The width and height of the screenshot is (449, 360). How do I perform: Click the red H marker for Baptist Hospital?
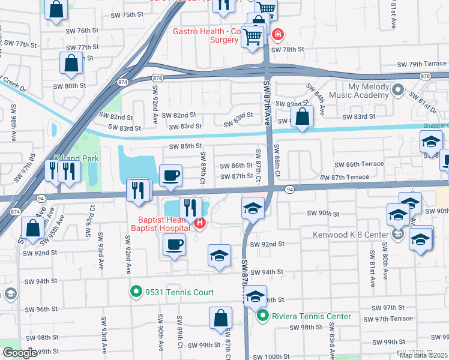[199, 224]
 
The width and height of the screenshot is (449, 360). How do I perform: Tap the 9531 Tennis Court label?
[179, 293]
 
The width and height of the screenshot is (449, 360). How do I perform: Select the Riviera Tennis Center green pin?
[262, 316]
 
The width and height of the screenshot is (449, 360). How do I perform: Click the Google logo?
[20, 353]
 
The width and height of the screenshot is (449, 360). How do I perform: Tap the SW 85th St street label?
[185, 146]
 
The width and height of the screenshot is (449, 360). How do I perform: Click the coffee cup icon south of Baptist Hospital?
[174, 245]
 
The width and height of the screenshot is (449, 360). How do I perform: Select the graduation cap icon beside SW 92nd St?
[220, 256]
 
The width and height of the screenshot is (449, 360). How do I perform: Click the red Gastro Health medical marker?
[277, 34]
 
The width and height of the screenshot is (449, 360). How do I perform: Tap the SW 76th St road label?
[82, 31]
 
